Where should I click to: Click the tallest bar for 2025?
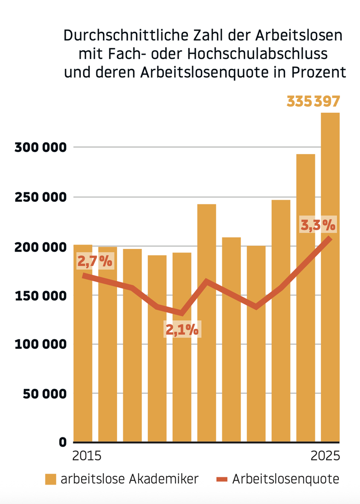(330, 278)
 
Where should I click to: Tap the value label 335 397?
(313, 101)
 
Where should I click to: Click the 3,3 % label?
(318, 225)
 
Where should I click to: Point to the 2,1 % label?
(182, 329)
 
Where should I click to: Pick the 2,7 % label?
(95, 260)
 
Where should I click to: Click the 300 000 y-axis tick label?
(40, 147)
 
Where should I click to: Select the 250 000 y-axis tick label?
(40, 197)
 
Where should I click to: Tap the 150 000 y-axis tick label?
(40, 296)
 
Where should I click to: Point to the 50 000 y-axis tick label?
(45, 394)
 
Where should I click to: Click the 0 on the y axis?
(63, 442)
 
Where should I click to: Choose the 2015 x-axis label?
(87, 456)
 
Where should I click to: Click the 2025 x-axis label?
(325, 456)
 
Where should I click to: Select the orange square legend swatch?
(51, 479)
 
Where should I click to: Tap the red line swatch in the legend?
(222, 479)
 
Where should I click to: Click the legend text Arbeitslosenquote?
(285, 479)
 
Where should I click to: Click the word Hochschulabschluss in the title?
(257, 54)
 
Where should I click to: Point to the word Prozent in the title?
(318, 72)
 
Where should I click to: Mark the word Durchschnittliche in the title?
(126, 36)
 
